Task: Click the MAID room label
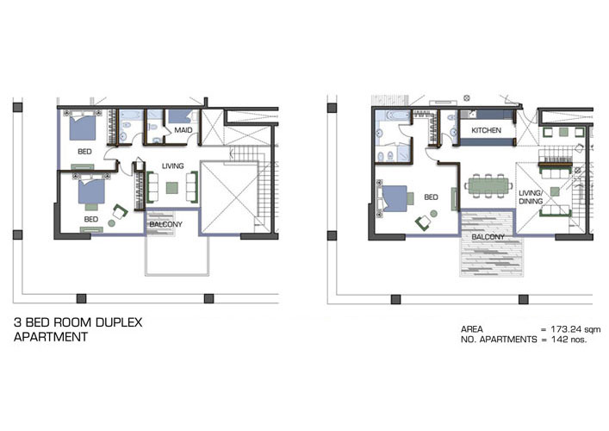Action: [183, 130]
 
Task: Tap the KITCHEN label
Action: [487, 130]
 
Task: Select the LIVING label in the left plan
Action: [173, 166]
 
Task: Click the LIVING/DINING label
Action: [530, 197]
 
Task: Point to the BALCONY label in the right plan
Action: [488, 237]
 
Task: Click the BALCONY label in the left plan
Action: [166, 224]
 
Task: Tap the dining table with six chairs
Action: [488, 185]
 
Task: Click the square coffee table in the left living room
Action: [172, 188]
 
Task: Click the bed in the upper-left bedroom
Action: [83, 127]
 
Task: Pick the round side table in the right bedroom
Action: [433, 214]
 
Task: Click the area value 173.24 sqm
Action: [575, 329]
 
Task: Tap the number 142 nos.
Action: [569, 340]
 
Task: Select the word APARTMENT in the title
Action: [51, 337]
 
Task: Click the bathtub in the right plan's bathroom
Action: [392, 116]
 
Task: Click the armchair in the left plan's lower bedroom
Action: [120, 211]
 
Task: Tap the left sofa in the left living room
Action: [152, 187]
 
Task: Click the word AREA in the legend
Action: [472, 329]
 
